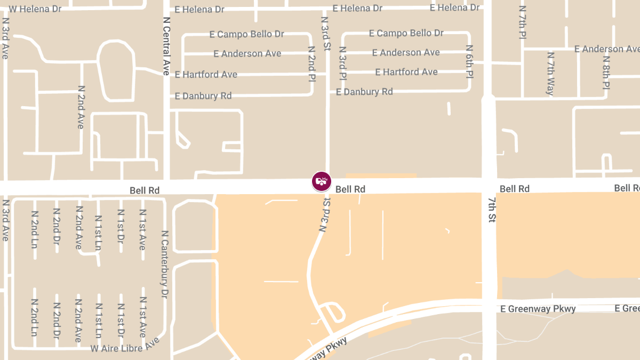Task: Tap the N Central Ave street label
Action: click(x=165, y=45)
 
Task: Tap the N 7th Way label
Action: click(x=550, y=73)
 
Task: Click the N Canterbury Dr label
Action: click(x=165, y=264)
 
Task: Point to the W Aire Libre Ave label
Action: click(x=125, y=345)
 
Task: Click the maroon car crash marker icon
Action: click(x=321, y=181)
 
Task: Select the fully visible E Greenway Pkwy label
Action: click(x=538, y=308)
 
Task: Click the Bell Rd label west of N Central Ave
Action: click(x=145, y=190)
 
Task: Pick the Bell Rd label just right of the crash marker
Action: click(x=350, y=189)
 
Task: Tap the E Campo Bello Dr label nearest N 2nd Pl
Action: click(x=246, y=34)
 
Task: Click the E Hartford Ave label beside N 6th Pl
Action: click(x=406, y=72)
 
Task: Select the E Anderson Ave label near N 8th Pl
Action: click(x=606, y=49)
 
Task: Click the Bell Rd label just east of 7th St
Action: click(x=515, y=189)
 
